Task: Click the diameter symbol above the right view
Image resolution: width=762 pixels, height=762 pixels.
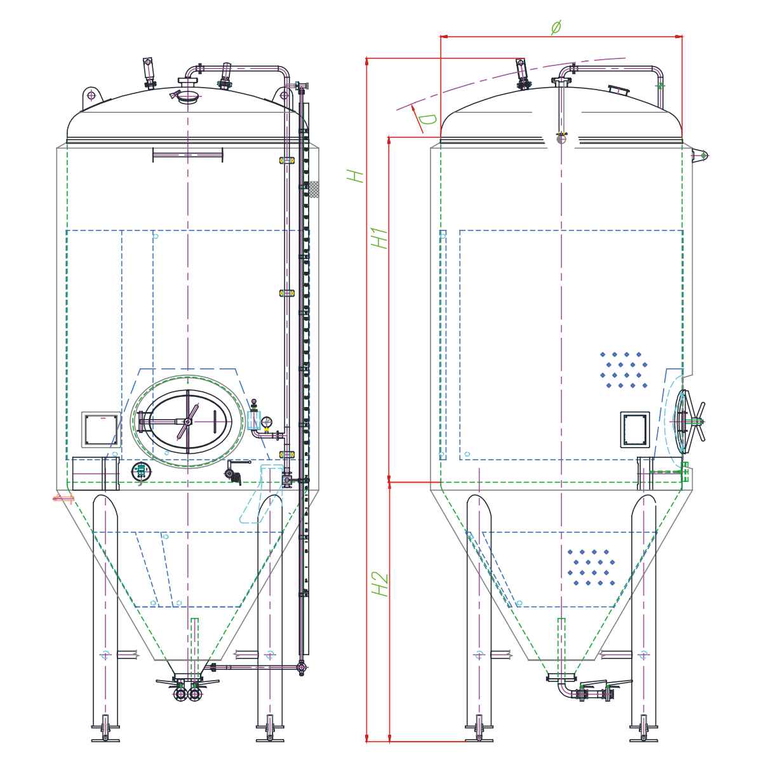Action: click(556, 27)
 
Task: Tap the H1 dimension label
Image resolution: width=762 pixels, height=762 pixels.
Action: click(380, 237)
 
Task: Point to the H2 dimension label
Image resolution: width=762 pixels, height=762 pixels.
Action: click(380, 584)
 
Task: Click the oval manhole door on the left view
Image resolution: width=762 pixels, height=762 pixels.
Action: click(187, 421)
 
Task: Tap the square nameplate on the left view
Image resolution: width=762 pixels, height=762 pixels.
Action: click(101, 430)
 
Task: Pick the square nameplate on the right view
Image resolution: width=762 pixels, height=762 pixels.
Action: click(635, 429)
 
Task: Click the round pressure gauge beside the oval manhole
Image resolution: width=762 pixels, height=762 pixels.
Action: click(266, 421)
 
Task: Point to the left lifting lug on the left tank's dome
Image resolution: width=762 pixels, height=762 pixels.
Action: click(91, 96)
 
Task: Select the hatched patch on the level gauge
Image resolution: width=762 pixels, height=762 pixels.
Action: click(313, 189)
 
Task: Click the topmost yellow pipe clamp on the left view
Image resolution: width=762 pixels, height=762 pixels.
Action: click(287, 161)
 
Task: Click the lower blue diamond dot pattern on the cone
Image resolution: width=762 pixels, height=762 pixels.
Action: click(592, 568)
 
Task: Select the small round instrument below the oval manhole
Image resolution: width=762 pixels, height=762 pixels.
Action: click(142, 471)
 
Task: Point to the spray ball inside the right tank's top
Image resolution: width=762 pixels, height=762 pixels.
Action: click(561, 138)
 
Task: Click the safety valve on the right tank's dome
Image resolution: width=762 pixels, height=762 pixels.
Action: click(522, 73)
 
